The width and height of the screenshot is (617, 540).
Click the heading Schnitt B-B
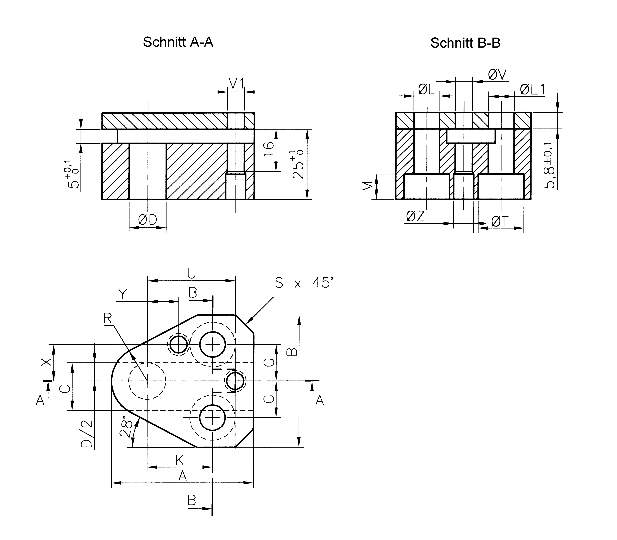(465, 43)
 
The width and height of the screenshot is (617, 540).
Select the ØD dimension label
(148, 220)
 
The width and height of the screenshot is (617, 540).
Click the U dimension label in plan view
(191, 274)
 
